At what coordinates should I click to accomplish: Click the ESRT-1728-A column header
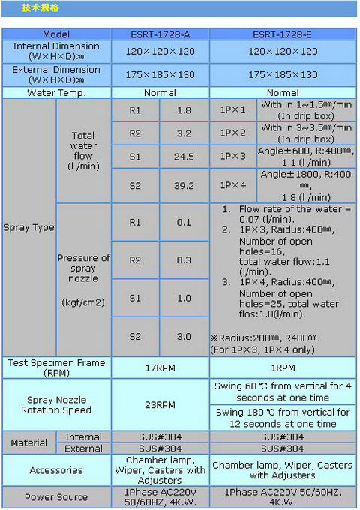coord(160,34)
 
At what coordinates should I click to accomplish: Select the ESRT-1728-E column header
coord(282,34)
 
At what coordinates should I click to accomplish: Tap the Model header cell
coord(56,34)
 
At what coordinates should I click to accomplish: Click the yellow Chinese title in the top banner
coord(40,7)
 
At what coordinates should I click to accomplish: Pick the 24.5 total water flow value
coord(184,157)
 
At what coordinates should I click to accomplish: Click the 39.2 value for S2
coord(184,186)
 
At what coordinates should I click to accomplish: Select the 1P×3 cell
coord(232,157)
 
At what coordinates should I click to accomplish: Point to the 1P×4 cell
coord(232,185)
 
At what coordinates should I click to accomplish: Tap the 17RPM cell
coord(160,367)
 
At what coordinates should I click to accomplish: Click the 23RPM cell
coord(160,405)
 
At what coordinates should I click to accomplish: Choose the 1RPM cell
coord(283,367)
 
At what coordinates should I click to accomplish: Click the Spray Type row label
coord(29,227)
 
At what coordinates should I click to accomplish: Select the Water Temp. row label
coord(56,93)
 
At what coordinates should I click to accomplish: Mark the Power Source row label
coord(56,497)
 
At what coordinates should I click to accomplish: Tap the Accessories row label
coord(56,470)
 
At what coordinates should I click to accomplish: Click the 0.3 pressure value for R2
coord(184,260)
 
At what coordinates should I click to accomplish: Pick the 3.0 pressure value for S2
coord(184,336)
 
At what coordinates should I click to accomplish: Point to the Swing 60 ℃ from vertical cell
coord(283,391)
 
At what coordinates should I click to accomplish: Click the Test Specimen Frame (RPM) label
coord(56,367)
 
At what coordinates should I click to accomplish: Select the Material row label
coord(29,442)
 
